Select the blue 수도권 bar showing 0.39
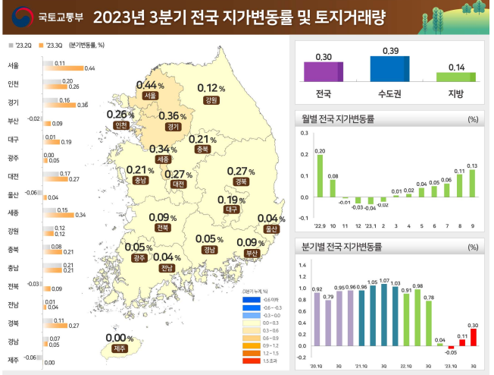389,68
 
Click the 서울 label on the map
150,96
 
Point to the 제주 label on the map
118,348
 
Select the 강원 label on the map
211,99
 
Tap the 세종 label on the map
163,159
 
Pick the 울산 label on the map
271,228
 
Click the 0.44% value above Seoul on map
149,85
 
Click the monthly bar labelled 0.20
320,175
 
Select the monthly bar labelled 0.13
472,183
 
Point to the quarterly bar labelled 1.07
384,315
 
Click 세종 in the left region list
13,213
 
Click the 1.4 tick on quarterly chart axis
302,265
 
